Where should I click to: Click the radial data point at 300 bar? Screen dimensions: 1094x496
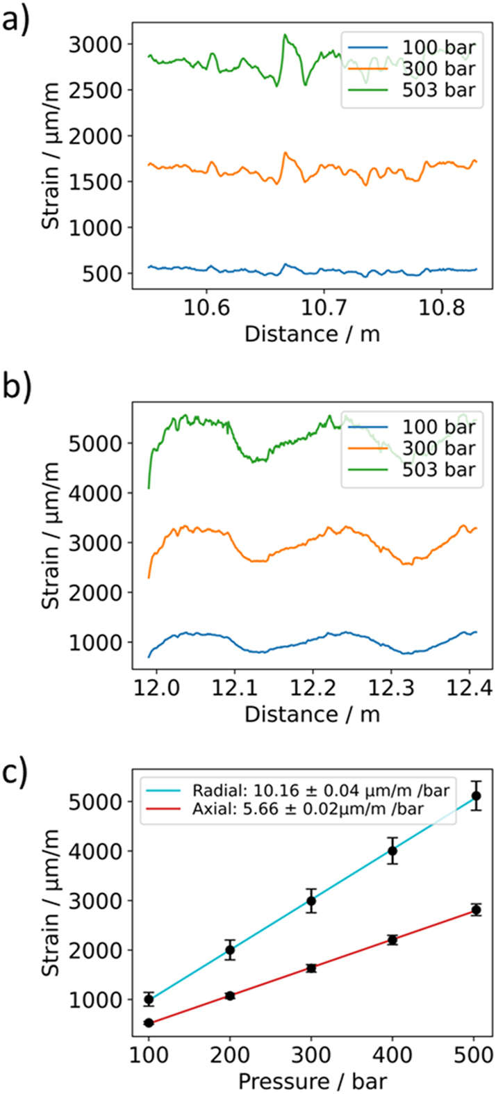[x=311, y=901]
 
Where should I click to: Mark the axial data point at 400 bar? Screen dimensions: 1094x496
[x=392, y=940]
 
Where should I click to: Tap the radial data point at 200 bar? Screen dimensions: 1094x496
[x=230, y=950]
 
